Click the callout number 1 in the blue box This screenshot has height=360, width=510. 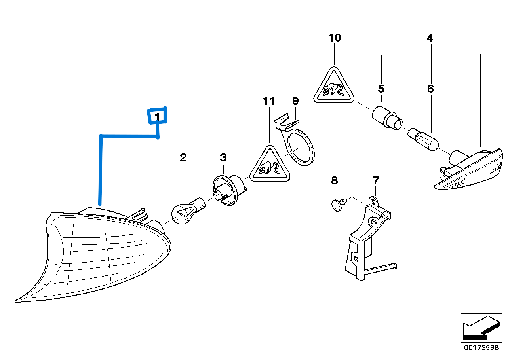tap(157, 117)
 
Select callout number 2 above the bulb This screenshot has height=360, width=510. tap(183, 158)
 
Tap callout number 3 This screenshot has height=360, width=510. tap(223, 158)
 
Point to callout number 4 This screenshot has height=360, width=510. tap(430, 38)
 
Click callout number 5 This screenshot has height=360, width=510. tap(381, 88)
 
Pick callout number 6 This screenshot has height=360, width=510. tap(430, 89)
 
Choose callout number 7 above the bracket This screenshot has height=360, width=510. tap(376, 181)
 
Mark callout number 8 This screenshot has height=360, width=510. tap(335, 181)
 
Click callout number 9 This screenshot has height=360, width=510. tap(295, 100)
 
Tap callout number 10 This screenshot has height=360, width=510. tap(335, 38)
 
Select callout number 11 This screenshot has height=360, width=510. tap(268, 101)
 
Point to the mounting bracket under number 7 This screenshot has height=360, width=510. tap(364, 241)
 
